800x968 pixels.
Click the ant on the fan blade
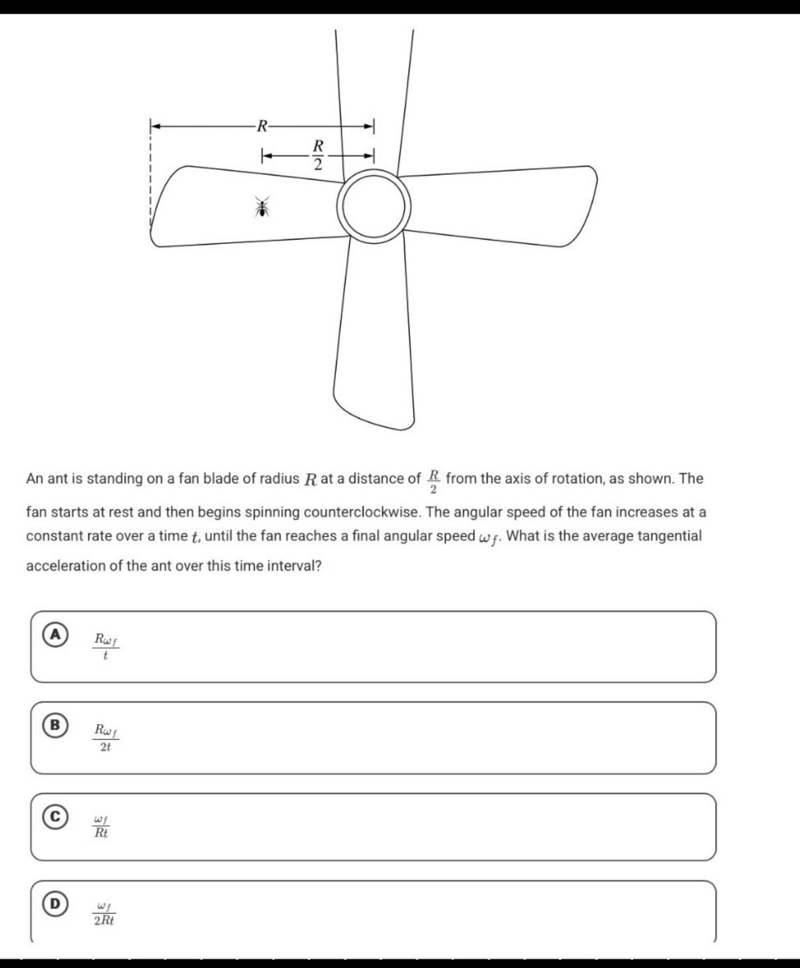tap(262, 207)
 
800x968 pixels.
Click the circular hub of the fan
tap(374, 207)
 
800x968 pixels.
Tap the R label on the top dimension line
tap(262, 126)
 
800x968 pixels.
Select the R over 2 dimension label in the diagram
tap(318, 155)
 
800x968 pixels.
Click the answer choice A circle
tap(55, 635)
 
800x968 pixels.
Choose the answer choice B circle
tap(55, 725)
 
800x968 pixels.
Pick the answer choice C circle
tap(55, 817)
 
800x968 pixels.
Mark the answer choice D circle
tap(55, 903)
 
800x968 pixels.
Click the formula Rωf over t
tap(106, 647)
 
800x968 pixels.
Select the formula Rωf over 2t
tap(106, 738)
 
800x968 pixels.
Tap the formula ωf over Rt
tap(101, 826)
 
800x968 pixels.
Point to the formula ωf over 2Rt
tap(104, 914)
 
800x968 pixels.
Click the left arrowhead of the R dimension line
tap(155, 126)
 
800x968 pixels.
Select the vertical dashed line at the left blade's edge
tap(150, 181)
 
